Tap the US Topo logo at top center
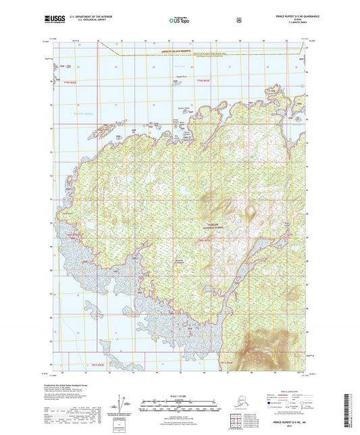pyautogui.click(x=179, y=21)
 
